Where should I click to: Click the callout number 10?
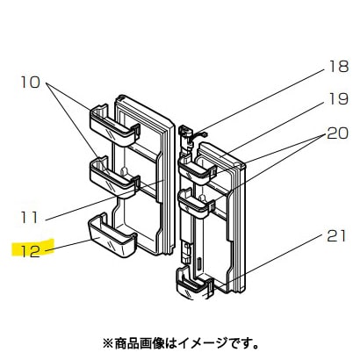[31, 83]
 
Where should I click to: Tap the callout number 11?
[30, 218]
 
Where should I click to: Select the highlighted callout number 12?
[31, 251]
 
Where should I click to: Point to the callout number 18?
[339, 67]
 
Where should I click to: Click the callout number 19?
[339, 99]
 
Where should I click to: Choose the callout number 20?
[338, 133]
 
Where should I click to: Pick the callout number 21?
[336, 236]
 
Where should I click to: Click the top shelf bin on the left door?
[114, 126]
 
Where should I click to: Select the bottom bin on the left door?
[112, 235]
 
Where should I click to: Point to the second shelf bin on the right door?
[196, 202]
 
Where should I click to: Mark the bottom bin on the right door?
[193, 284]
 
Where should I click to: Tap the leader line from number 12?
[68, 245]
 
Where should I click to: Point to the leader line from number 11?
[104, 200]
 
